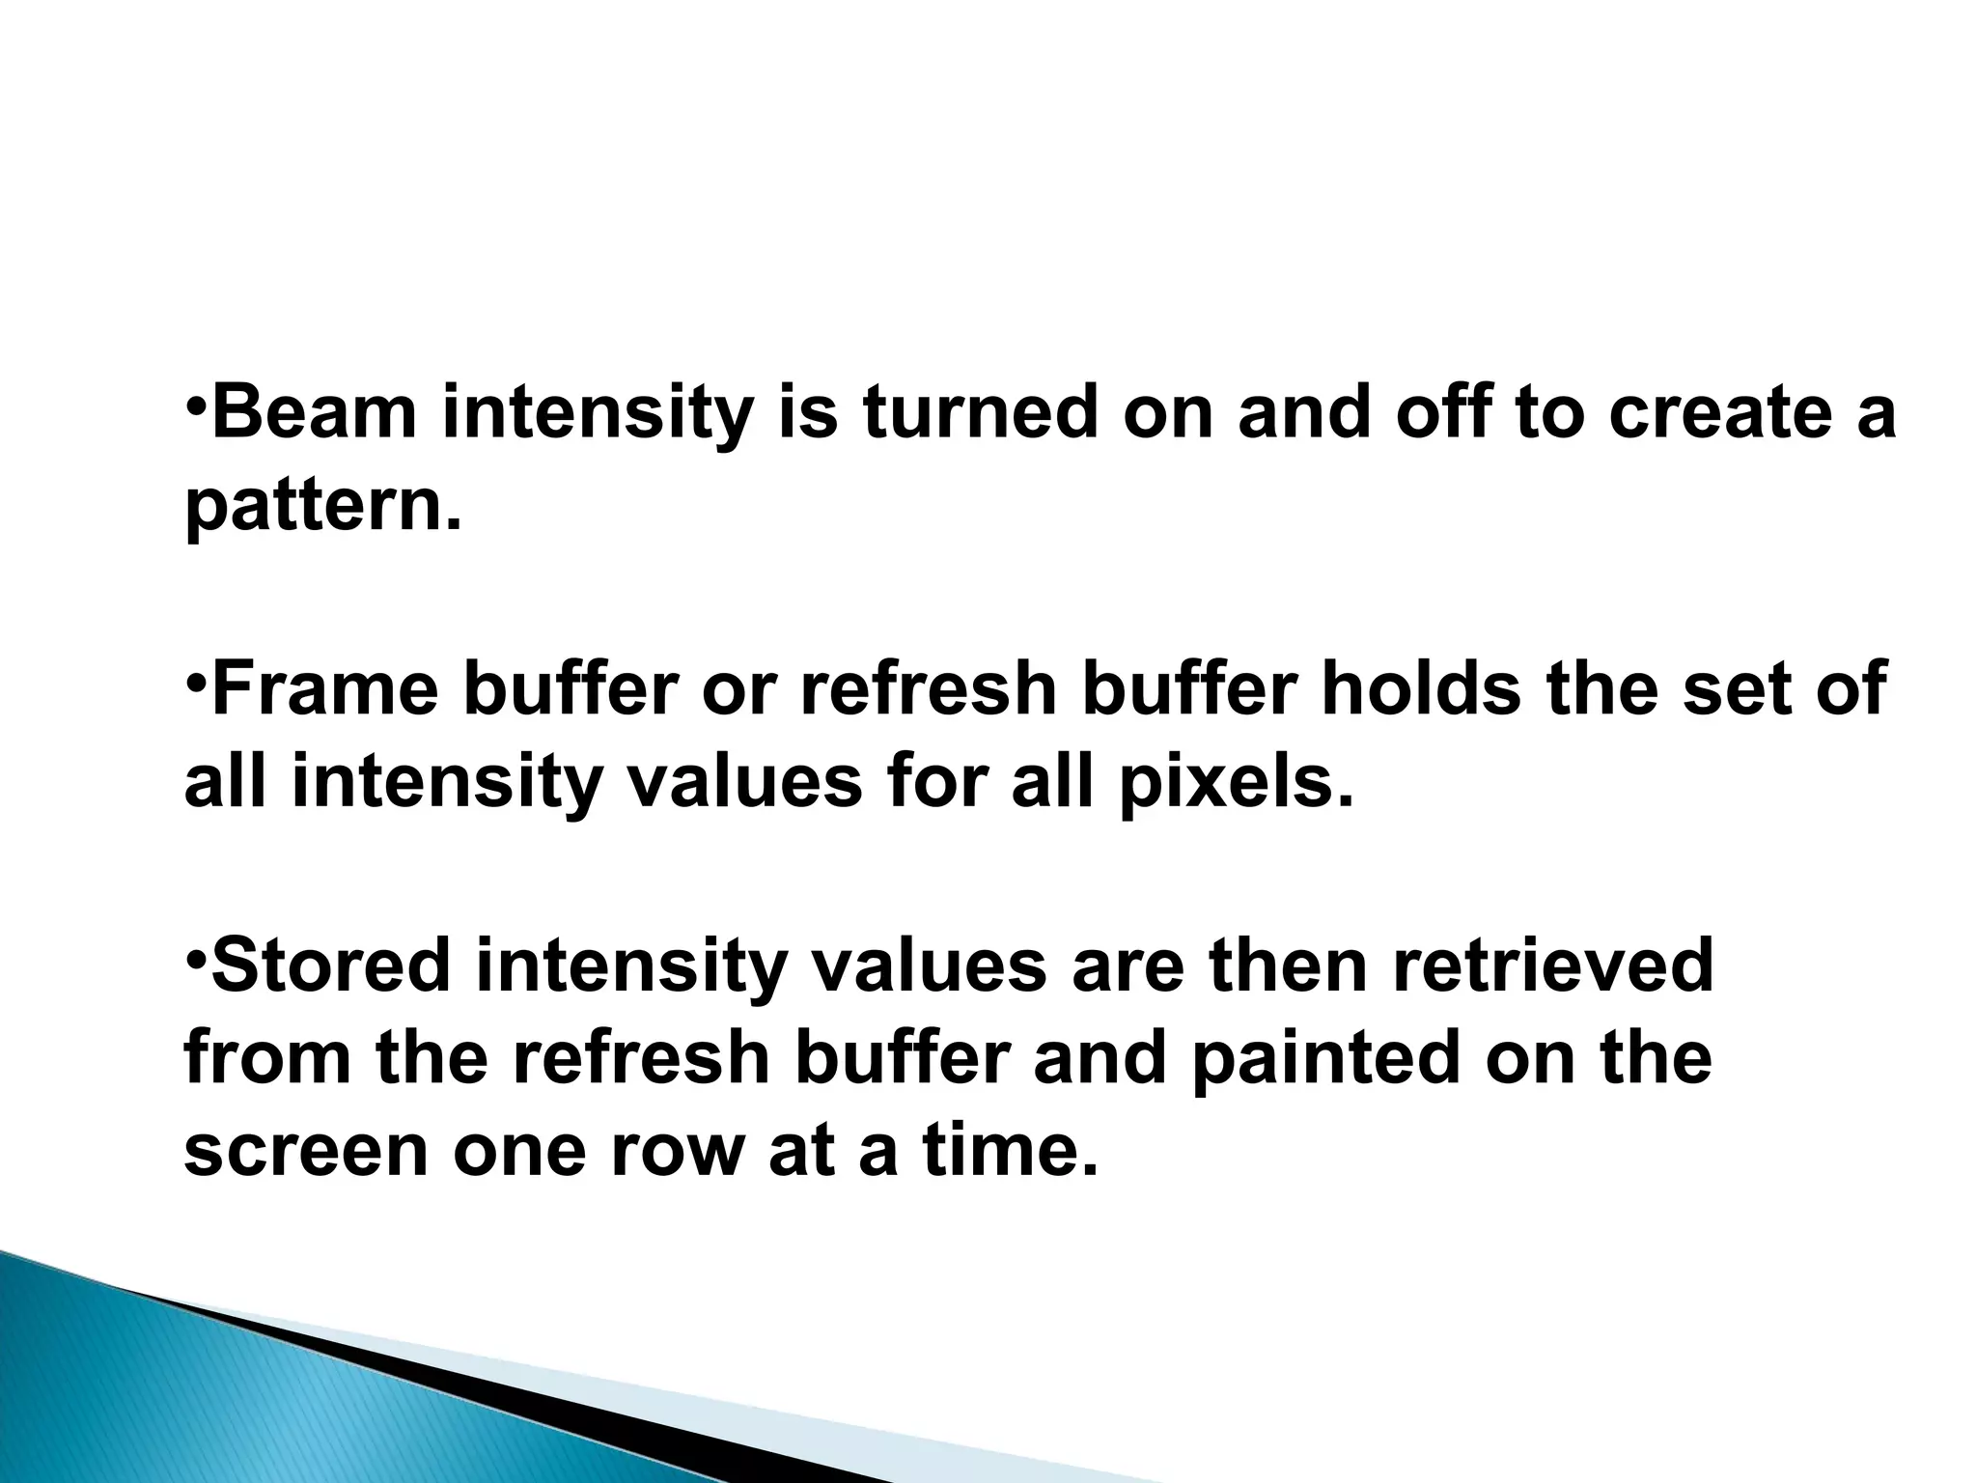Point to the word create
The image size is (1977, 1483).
[1699, 412]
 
